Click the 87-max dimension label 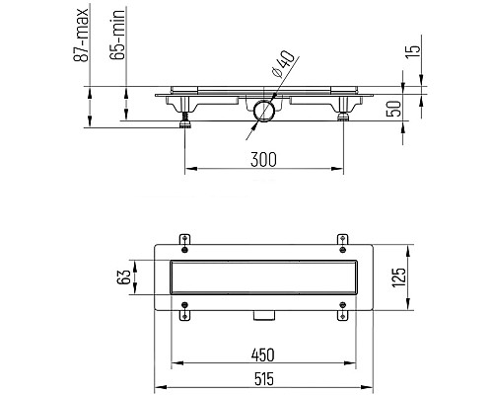click(81, 35)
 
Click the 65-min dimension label click(117, 35)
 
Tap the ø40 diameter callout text click(284, 63)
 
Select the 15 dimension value click(412, 51)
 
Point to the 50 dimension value click(393, 109)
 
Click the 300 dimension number click(263, 160)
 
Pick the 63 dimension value click(123, 277)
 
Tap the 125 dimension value click(398, 277)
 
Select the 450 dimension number click(262, 355)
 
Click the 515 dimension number click(264, 379)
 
